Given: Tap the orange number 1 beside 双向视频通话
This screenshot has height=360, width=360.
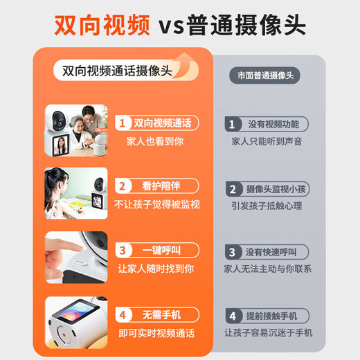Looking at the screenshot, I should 122,123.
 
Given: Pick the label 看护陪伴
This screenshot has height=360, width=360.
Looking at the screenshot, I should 161,186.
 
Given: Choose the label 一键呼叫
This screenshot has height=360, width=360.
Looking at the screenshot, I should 161,249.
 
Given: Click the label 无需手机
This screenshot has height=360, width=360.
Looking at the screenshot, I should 161,314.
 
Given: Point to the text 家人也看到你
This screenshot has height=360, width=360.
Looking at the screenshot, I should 155,141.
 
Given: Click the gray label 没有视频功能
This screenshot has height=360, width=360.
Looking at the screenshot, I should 273,125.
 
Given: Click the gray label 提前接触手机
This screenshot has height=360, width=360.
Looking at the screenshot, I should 273,316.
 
